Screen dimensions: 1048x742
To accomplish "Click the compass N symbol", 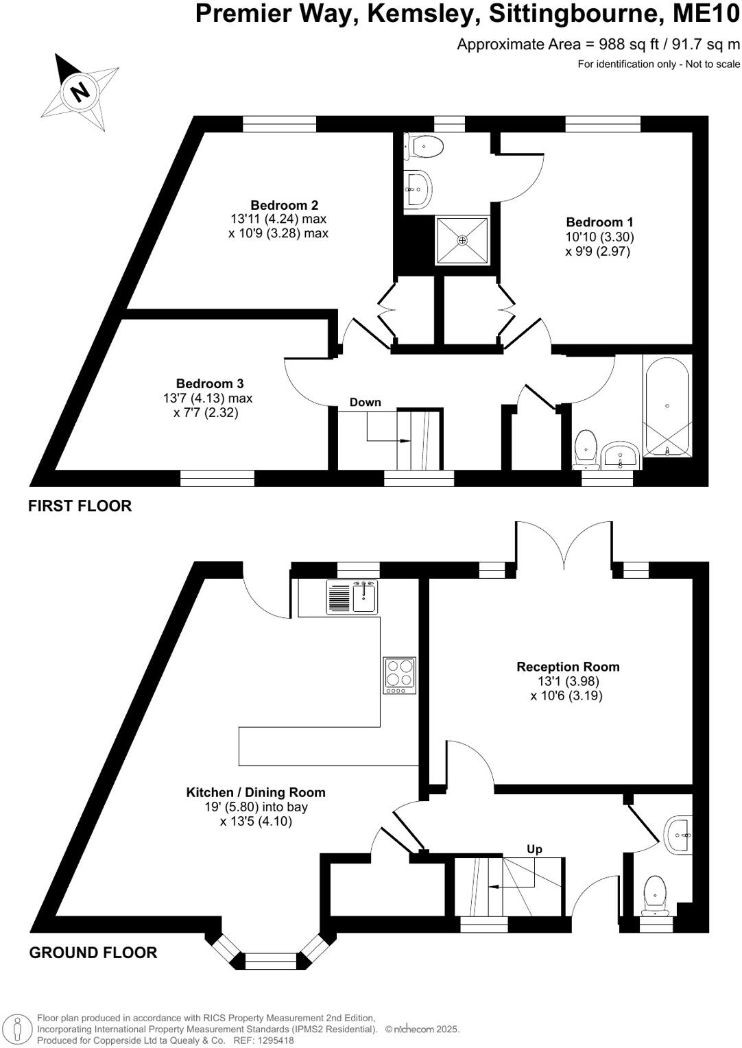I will [x=80, y=91].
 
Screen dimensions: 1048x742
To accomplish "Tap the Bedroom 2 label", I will [x=284, y=205].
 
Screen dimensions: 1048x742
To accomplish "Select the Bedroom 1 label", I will [x=599, y=222].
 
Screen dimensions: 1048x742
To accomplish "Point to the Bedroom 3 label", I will [x=210, y=384].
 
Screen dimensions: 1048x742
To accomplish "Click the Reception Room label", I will [x=568, y=667].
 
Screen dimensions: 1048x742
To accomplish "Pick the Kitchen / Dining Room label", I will [x=256, y=793].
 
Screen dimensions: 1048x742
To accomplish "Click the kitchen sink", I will [x=364, y=596].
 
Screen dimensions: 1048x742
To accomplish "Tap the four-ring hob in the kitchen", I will [x=399, y=673].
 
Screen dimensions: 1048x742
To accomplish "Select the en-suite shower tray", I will [x=463, y=240].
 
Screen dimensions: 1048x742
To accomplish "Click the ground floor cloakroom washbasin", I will [x=679, y=835].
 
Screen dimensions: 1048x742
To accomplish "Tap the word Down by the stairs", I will [x=365, y=403].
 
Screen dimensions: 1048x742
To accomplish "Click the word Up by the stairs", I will [x=534, y=849].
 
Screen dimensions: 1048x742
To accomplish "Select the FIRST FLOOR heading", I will [x=80, y=506].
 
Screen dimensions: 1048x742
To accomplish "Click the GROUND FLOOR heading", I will [x=93, y=953].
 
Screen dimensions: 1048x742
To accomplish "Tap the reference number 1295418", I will [x=275, y=1040].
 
